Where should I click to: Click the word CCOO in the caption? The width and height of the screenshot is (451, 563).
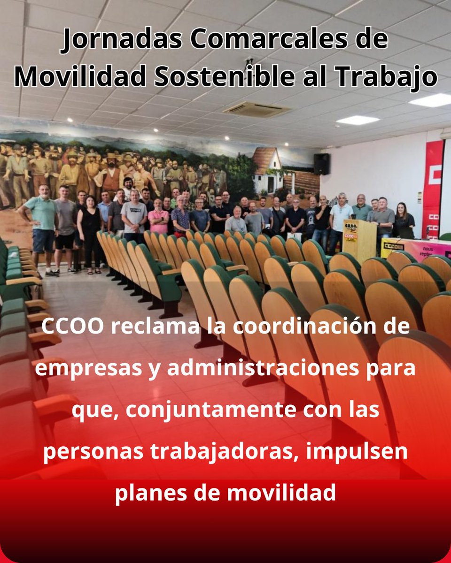[x=71, y=328]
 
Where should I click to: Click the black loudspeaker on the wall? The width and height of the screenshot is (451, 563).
[x=321, y=164]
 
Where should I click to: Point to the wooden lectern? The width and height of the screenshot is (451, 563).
[x=359, y=239]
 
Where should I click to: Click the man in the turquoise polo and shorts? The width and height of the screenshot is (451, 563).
[x=41, y=225]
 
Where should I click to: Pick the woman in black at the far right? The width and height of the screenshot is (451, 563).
[x=404, y=221]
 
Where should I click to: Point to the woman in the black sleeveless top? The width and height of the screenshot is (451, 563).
[x=90, y=230]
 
